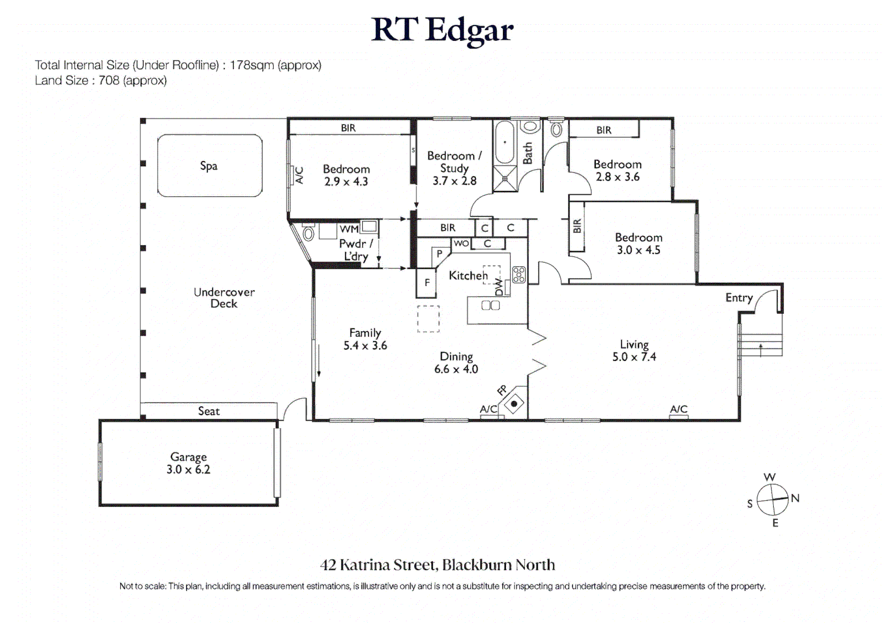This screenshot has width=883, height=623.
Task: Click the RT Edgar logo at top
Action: [x=442, y=30]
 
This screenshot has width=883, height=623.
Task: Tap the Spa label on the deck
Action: [x=208, y=166]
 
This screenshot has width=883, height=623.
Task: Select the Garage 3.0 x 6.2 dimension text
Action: [x=188, y=470]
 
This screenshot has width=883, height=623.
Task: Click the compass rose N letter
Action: [x=795, y=498]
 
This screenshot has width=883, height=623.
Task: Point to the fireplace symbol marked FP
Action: [x=513, y=403]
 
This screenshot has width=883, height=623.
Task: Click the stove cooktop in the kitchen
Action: [x=519, y=275]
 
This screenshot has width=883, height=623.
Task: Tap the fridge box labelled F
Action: [x=427, y=283]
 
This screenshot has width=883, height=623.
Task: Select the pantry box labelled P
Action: [x=439, y=254]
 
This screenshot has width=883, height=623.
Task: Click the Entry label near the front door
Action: [x=739, y=298]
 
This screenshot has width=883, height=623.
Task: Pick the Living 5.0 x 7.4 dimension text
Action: [x=634, y=357]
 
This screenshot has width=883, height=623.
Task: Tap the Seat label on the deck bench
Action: [x=208, y=411]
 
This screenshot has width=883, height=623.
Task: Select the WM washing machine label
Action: [x=349, y=229]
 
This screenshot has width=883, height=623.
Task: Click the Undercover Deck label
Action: [x=224, y=298]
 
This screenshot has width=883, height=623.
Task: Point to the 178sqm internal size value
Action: [x=251, y=65]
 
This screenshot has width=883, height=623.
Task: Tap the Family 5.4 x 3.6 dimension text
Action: [x=365, y=346]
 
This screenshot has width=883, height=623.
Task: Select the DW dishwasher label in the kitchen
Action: [x=499, y=286]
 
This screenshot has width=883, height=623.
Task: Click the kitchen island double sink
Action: [x=490, y=306]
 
